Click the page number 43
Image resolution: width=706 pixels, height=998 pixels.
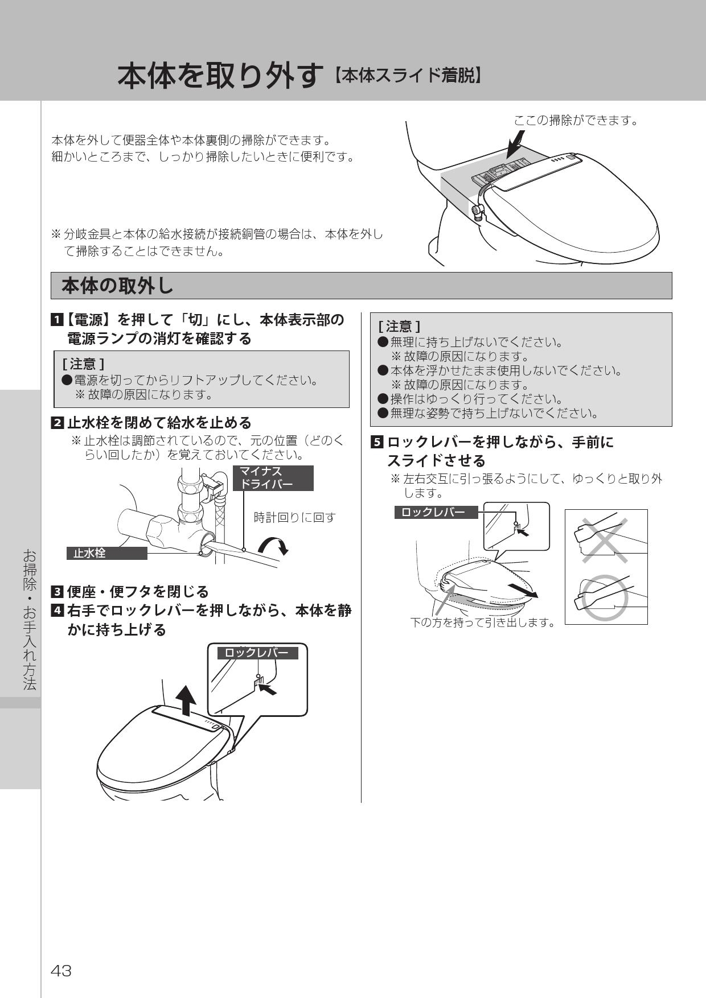pyautogui.click(x=61, y=971)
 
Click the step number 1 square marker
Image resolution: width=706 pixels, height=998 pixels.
pyautogui.click(x=58, y=320)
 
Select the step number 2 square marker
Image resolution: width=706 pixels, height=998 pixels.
pyautogui.click(x=58, y=423)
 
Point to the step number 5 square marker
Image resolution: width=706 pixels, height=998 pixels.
pyautogui.click(x=377, y=442)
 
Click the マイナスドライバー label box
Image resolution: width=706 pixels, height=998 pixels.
pyautogui.click(x=273, y=478)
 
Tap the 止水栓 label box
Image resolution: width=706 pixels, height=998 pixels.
pyautogui.click(x=106, y=553)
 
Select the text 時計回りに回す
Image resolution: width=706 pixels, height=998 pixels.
pyautogui.click(x=294, y=517)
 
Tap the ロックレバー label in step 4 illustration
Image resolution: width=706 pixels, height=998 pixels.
pyautogui.click(x=257, y=653)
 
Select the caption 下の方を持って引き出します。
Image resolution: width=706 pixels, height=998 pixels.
pyautogui.click(x=483, y=622)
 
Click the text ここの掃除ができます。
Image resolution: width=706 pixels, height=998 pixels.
pyautogui.click(x=576, y=120)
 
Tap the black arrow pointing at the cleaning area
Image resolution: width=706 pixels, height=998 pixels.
pyautogui.click(x=516, y=143)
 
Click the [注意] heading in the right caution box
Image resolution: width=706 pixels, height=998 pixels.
pyautogui.click(x=399, y=327)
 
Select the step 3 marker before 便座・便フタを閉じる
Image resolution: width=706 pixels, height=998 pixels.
pyautogui.click(x=58, y=592)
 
